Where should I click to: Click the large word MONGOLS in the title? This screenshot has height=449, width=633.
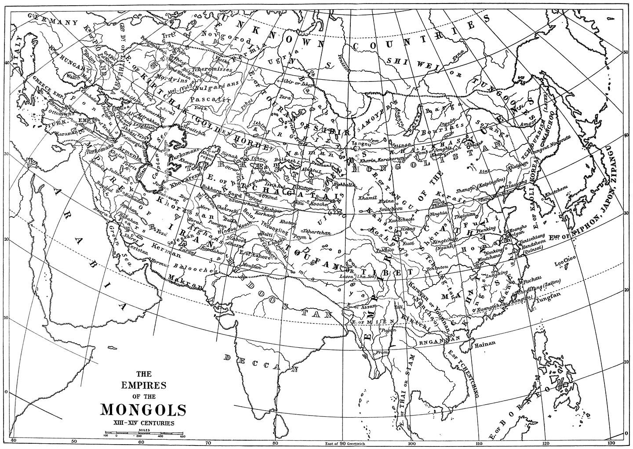143,410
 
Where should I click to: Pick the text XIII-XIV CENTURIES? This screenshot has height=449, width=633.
143,423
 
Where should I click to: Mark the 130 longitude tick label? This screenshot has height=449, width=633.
611,443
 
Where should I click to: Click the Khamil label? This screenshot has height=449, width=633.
367,198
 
